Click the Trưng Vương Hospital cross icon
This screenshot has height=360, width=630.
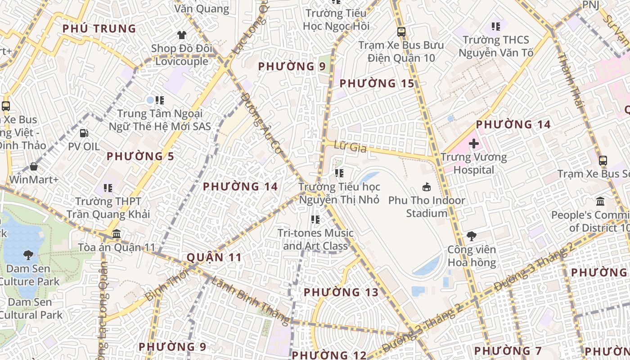[474, 144]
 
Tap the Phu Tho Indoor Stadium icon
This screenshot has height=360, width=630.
[426, 187]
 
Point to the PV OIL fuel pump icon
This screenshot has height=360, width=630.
[84, 133]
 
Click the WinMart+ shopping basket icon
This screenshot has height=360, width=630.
[34, 166]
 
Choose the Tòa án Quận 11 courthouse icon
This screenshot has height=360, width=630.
[117, 234]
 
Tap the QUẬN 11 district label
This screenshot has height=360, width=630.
[214, 257]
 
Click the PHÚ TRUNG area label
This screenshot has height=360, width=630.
[99, 29]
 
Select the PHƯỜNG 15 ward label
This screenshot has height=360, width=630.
[377, 83]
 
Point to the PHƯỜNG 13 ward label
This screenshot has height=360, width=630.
[341, 292]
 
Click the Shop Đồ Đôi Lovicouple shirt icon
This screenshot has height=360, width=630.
[181, 35]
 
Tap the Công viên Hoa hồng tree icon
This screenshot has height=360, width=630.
[472, 236]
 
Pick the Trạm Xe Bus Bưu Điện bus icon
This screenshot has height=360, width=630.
[401, 32]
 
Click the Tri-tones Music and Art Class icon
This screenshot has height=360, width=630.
[315, 220]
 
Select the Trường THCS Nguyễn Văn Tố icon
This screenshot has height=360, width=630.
[496, 27]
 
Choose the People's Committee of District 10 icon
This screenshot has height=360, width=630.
[600, 201]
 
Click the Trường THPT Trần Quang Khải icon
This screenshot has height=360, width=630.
[108, 188]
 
